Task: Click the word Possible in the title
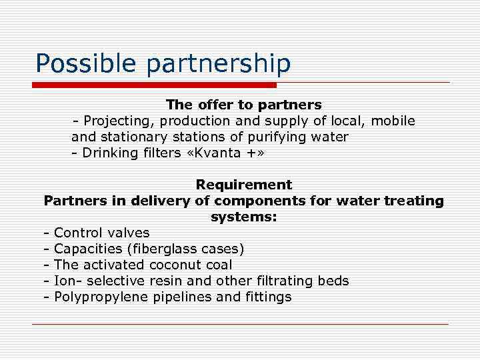coord(86,64)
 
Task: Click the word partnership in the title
coord(218,64)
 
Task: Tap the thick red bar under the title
coord(154,85)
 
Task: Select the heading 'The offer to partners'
coord(243,105)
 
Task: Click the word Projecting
coord(115,121)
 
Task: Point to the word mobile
coord(393,121)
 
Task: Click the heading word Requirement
coord(243,185)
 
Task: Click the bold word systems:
coord(243,217)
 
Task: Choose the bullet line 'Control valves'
coord(101,233)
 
